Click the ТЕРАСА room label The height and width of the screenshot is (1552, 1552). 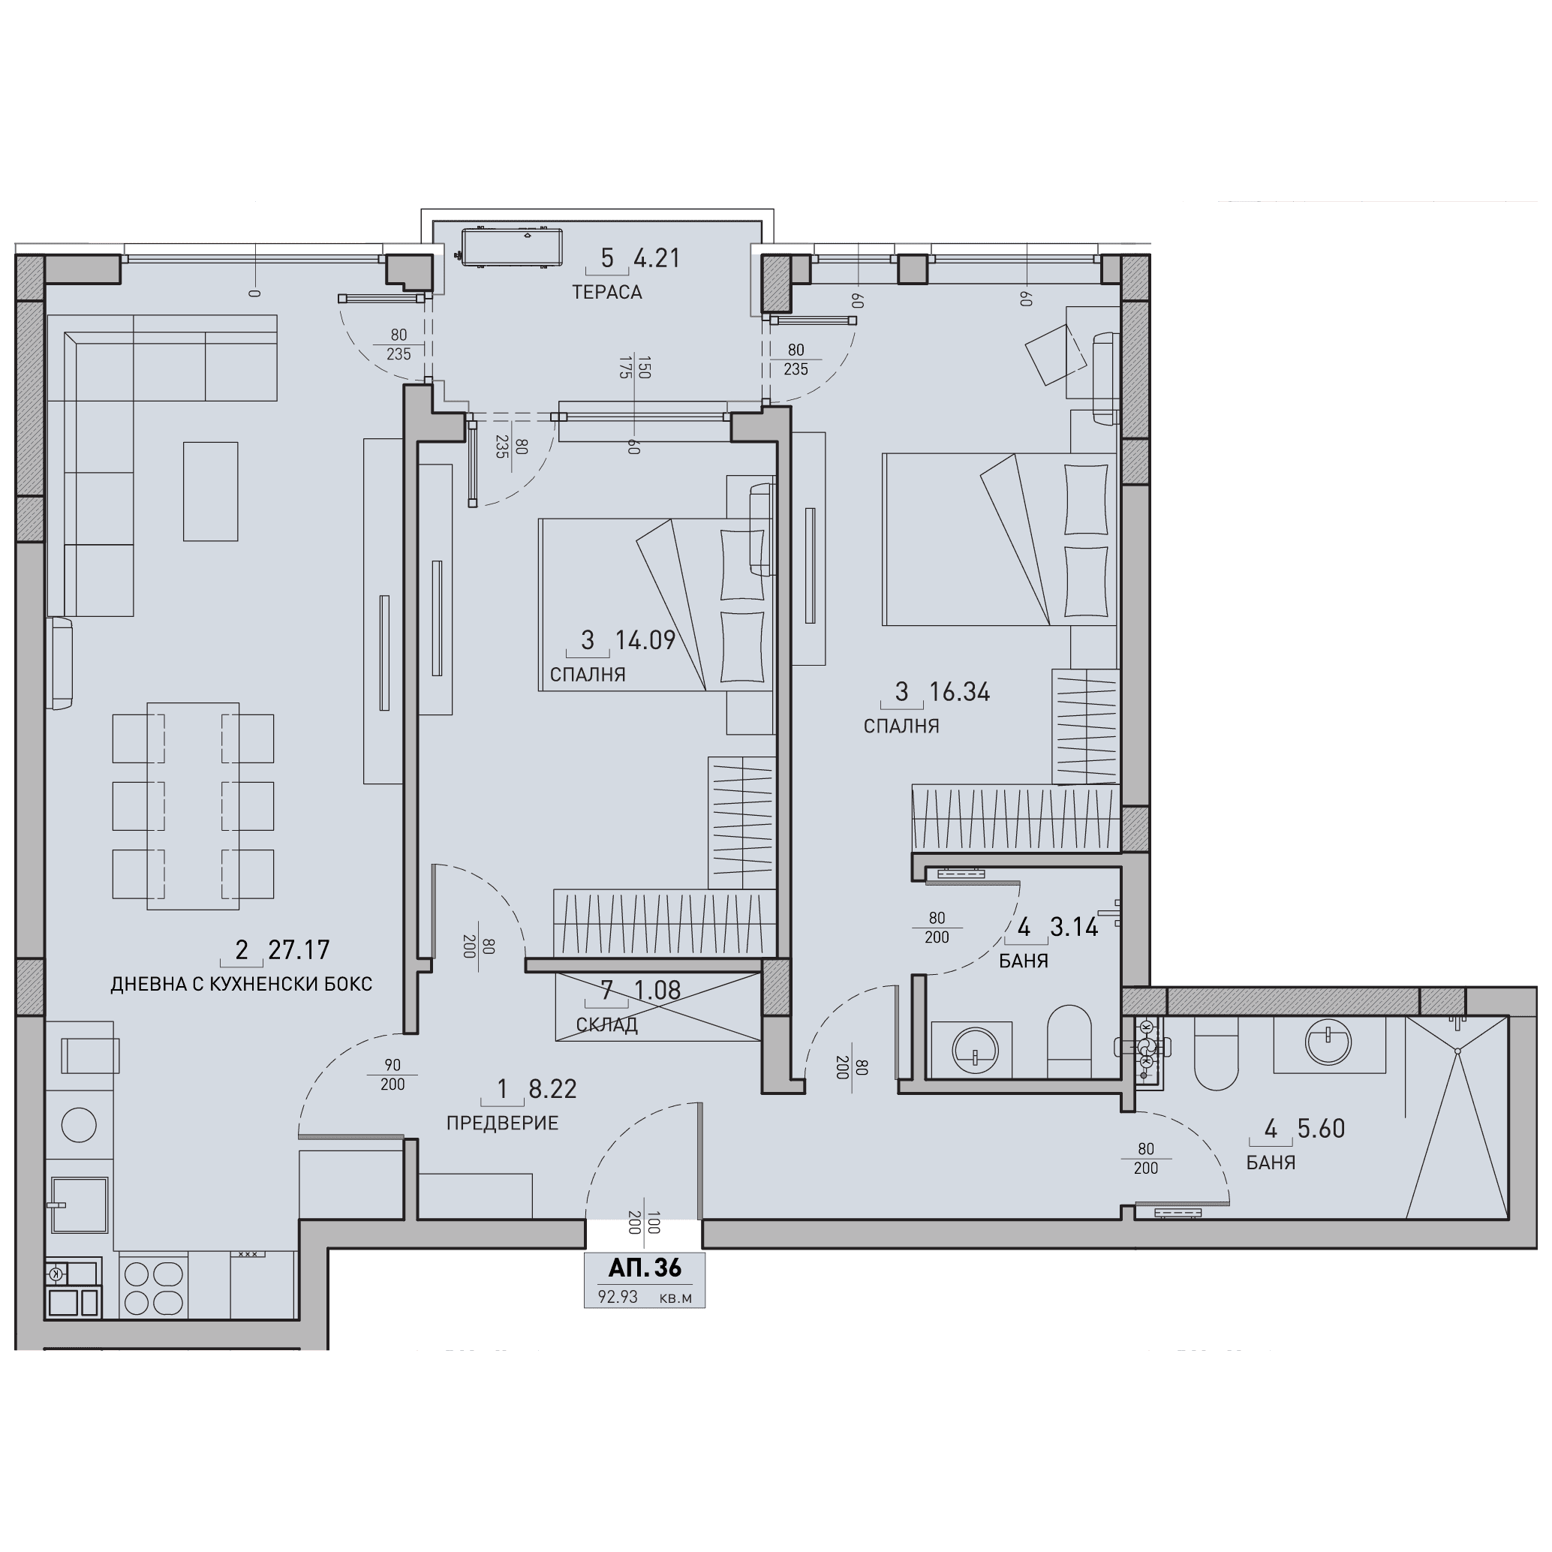(606, 293)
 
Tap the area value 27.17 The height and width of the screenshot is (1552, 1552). (299, 950)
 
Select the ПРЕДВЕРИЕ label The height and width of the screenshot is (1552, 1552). (502, 1123)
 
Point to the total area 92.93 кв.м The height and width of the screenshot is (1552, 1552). (644, 1298)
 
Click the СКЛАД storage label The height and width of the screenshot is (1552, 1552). (606, 1025)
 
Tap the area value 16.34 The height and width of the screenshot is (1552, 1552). (959, 692)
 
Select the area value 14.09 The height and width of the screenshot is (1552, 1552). (645, 640)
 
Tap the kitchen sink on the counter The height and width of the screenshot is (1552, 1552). (80, 1205)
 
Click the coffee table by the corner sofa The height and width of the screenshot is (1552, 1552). (210, 491)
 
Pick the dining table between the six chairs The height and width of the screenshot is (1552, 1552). (193, 806)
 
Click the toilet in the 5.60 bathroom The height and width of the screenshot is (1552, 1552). (1217, 1053)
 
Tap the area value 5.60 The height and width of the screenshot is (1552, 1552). (1321, 1129)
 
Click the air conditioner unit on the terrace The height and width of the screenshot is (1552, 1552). (510, 247)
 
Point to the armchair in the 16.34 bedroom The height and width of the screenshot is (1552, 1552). (1057, 354)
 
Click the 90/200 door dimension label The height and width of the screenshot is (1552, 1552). (392, 1075)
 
